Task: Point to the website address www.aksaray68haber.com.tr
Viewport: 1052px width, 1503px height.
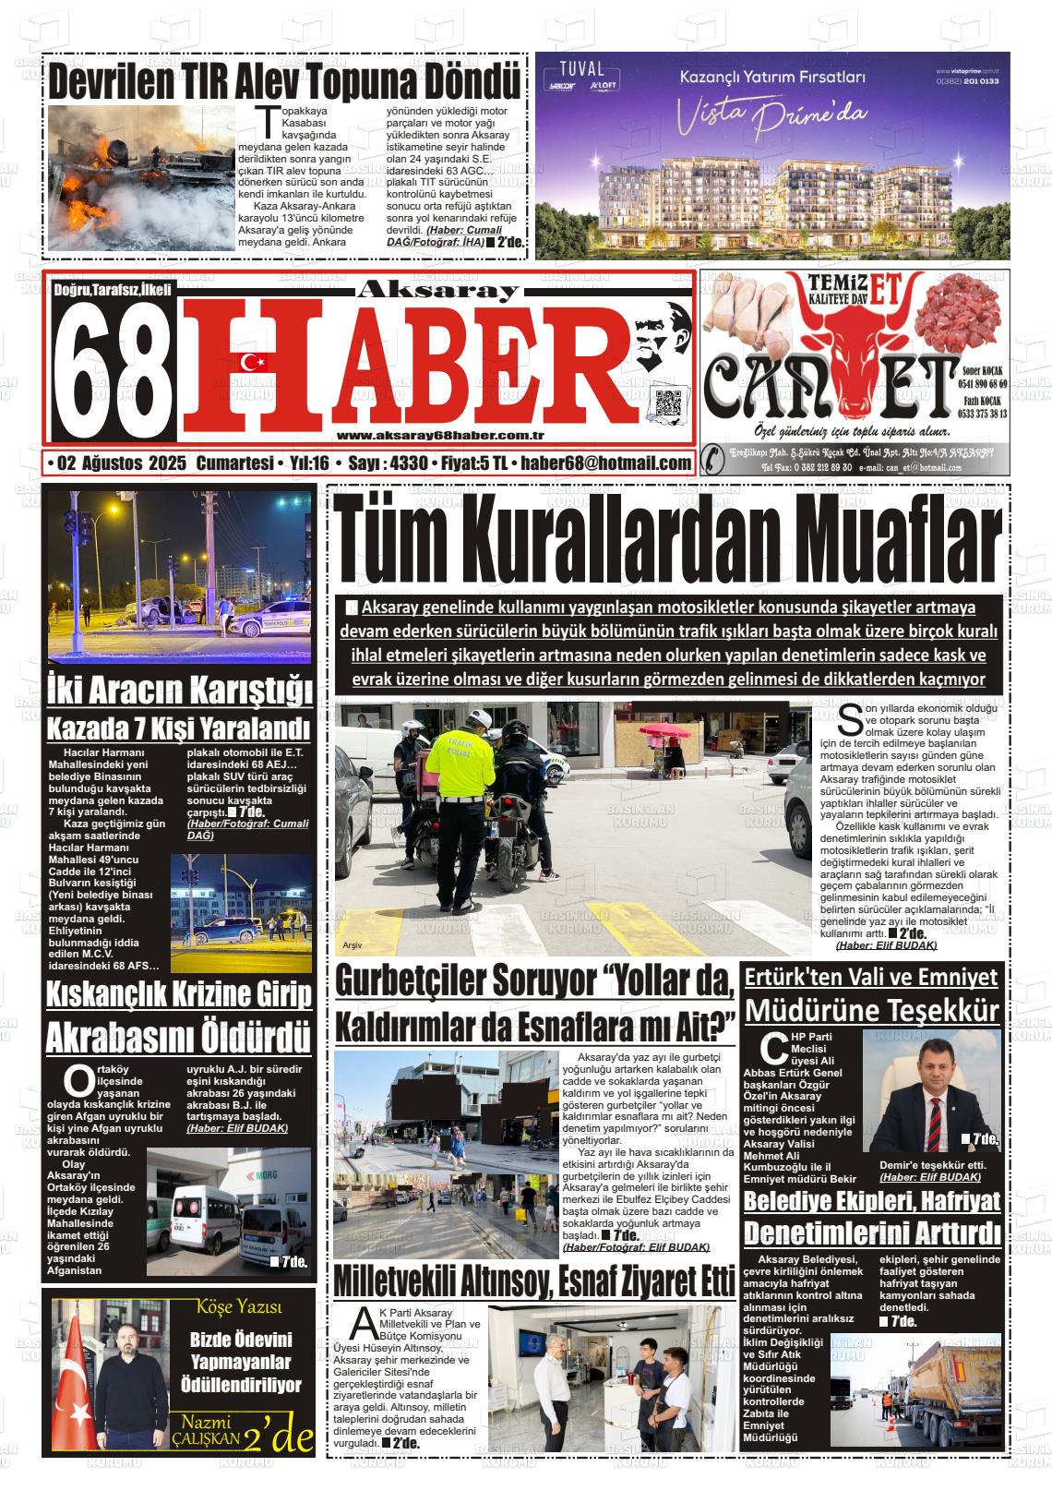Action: pyautogui.click(x=440, y=435)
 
